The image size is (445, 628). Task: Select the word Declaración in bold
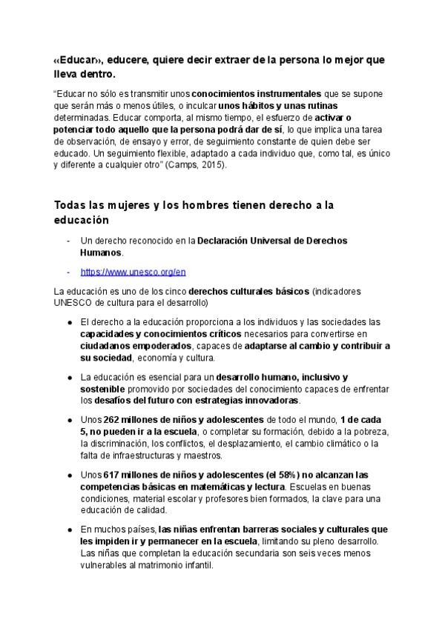click(226, 241)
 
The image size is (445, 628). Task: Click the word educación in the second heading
click(82, 220)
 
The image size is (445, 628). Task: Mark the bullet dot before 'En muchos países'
click(69, 530)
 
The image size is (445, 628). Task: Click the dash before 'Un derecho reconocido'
click(69, 241)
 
